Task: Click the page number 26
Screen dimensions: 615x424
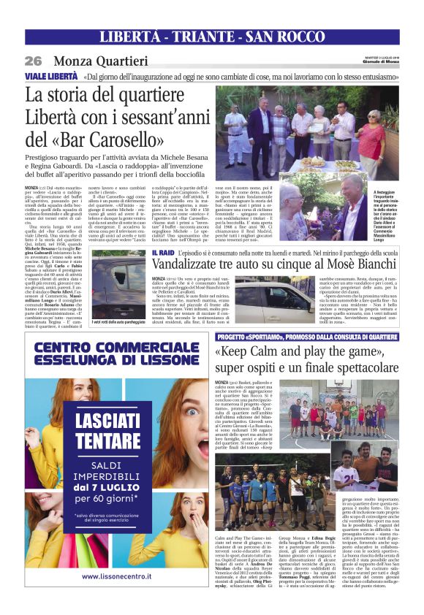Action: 32,61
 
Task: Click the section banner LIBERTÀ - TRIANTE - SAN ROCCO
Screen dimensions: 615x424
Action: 211,37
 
